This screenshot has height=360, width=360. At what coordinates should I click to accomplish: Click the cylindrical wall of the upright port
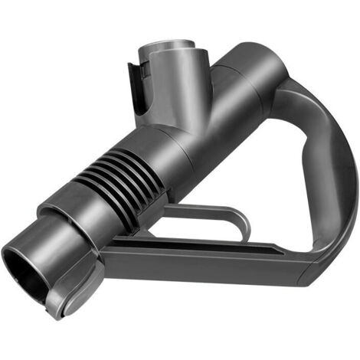point(172,92)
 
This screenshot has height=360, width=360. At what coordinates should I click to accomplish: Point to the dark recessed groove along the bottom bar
point(199,247)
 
